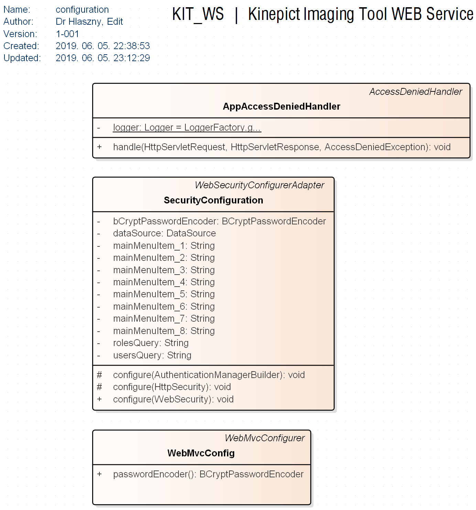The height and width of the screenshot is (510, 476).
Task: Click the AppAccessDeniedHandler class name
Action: point(281,107)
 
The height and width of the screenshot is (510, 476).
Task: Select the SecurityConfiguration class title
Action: point(213,200)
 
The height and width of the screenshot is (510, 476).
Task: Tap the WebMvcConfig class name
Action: point(201,453)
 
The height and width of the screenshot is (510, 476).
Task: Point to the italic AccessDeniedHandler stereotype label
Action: point(415,92)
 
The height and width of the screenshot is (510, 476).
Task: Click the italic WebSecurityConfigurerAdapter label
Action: point(259,185)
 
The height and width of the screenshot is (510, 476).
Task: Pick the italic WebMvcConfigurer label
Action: point(264,438)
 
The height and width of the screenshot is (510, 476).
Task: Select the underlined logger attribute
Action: point(187,127)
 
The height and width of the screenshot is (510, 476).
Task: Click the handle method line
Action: point(282,147)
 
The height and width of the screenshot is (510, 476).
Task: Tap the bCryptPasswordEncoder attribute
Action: point(219,221)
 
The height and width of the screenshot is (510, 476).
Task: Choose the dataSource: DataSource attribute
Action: point(164,233)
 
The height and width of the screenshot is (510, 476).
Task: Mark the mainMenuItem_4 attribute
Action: point(164,282)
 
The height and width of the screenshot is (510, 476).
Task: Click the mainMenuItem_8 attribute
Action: point(164,331)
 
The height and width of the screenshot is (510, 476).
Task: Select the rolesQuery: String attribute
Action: point(151,343)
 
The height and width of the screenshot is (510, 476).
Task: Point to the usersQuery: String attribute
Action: point(152,355)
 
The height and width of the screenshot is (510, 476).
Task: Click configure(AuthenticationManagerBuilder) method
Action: point(209,375)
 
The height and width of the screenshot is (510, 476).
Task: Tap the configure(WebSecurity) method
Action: point(173,399)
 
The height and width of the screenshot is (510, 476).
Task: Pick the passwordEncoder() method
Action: point(208,474)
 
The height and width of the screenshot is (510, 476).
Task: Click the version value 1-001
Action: point(67,34)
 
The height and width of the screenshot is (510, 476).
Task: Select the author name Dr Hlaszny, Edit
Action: point(89,22)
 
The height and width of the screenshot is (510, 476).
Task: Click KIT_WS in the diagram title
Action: point(198,14)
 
